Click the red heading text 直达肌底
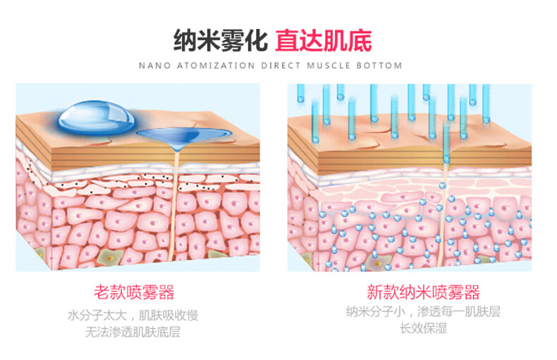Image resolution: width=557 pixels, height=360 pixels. (324, 39)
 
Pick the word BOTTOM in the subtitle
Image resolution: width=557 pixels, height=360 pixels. (381, 66)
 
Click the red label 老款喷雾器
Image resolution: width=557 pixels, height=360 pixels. (134, 292)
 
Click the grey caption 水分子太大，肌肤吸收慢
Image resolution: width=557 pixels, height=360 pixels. (134, 314)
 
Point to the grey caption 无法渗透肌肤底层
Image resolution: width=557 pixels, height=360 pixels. (134, 331)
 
